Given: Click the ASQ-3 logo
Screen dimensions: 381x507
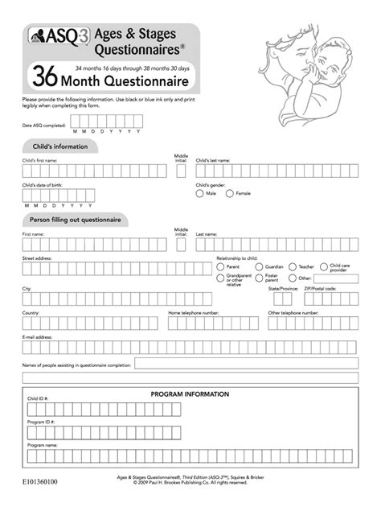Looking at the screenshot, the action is point(48,36).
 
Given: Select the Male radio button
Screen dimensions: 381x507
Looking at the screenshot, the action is point(199,193).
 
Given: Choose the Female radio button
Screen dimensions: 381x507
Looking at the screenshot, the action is point(229,193).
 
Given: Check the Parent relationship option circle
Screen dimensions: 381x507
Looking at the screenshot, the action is point(220,266).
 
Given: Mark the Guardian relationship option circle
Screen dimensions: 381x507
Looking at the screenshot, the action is point(259,266).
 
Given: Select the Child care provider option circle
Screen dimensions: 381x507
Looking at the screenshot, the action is point(323,266).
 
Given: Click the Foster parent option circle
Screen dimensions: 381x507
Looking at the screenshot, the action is point(259,277).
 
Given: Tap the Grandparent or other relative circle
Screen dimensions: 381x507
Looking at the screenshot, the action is point(220,277).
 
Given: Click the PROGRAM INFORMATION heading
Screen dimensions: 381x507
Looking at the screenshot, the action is point(190,394).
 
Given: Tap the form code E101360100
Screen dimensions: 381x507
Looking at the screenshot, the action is point(40,481).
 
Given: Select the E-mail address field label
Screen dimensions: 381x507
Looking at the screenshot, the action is point(38,337).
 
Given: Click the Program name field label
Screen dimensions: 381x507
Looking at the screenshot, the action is point(43,444).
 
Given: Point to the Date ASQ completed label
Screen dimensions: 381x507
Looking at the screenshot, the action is point(43,126).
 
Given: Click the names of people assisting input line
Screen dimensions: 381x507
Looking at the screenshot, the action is point(245,363).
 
